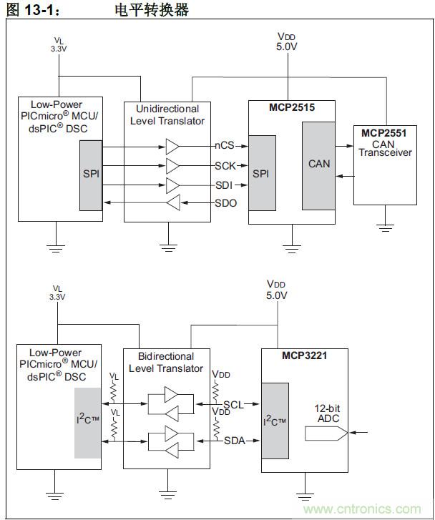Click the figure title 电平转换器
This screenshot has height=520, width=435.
151,9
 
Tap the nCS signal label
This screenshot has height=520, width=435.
225,147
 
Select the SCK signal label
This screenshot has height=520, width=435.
225,166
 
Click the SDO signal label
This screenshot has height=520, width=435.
225,204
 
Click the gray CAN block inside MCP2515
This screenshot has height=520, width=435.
318,165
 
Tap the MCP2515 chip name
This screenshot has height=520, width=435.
291,108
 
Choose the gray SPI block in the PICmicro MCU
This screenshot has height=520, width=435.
90,175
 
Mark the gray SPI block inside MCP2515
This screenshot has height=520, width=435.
263,173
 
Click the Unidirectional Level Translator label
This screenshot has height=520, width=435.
167,114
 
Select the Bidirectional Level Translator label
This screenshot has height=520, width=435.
167,362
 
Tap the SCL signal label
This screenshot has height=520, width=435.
232,404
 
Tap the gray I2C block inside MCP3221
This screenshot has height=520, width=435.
275,421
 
